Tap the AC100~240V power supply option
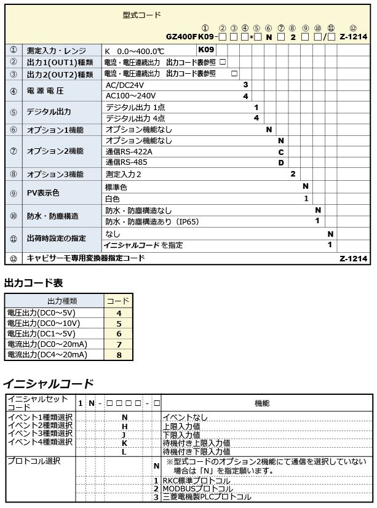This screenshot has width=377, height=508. click(x=130, y=96)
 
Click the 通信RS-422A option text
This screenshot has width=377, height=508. click(x=129, y=151)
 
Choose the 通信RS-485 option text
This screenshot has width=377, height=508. click(x=127, y=162)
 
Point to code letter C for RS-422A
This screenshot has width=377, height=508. click(x=280, y=151)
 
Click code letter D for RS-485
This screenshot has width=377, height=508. click(x=280, y=162)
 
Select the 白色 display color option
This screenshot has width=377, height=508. click(x=112, y=199)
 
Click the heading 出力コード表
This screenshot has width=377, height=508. click(x=34, y=283)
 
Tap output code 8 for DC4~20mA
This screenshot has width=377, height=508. click(x=118, y=355)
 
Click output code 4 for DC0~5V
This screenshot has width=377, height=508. click(x=118, y=313)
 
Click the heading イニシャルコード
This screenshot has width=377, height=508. click(x=49, y=384)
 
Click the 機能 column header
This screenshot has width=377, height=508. click(x=261, y=403)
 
